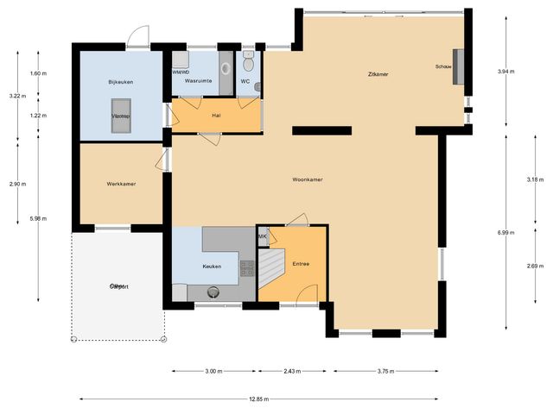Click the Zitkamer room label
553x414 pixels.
click(377, 75)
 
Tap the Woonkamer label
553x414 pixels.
click(307, 179)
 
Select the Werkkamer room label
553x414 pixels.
click(121, 184)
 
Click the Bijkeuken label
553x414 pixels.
click(121, 81)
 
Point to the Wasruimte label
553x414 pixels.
click(199, 81)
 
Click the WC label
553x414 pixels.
click(245, 81)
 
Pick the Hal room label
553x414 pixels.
click(216, 116)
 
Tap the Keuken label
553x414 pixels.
click(212, 267)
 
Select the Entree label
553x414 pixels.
click(301, 263)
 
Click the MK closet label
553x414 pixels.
click(262, 236)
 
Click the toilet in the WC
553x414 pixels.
click(248, 61)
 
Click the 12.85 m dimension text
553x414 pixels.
click(256, 399)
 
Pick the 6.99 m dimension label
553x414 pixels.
click(510, 233)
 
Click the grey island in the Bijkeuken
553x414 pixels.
click(121, 122)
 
